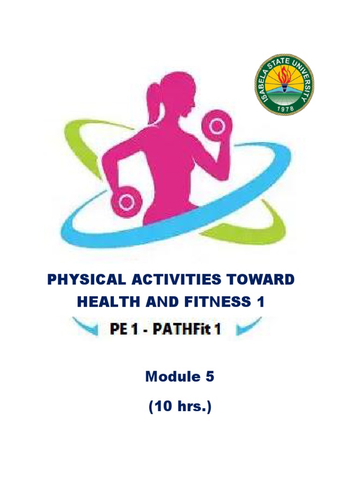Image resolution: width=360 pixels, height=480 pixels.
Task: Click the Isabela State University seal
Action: pos(284,85)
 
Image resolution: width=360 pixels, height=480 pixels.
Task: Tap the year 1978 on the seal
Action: pos(284,107)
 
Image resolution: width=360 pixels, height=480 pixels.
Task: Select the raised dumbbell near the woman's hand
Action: pos(216,126)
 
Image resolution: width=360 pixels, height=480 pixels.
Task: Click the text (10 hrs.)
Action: pos(180,407)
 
